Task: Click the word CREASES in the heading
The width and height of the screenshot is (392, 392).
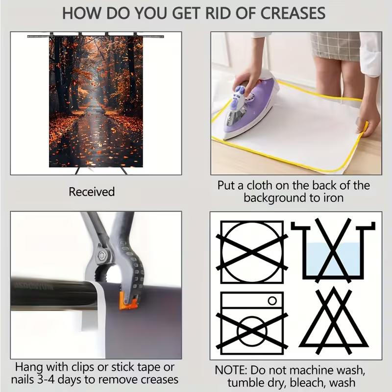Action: [293, 13]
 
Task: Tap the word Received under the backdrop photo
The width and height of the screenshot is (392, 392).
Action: [92, 192]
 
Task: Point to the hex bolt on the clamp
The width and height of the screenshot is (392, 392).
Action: [102, 255]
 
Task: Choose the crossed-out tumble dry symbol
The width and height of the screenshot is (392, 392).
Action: [252, 252]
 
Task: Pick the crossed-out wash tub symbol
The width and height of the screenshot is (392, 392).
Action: [333, 250]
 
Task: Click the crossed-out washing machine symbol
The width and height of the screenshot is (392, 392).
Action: [252, 323]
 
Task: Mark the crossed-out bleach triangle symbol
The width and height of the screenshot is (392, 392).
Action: [334, 321]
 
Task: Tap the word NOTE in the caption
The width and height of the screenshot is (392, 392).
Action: [231, 370]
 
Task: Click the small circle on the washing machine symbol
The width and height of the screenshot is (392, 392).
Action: [272, 300]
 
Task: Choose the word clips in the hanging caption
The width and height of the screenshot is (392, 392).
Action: [83, 367]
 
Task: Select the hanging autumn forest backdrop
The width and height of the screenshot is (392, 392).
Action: [96, 101]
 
